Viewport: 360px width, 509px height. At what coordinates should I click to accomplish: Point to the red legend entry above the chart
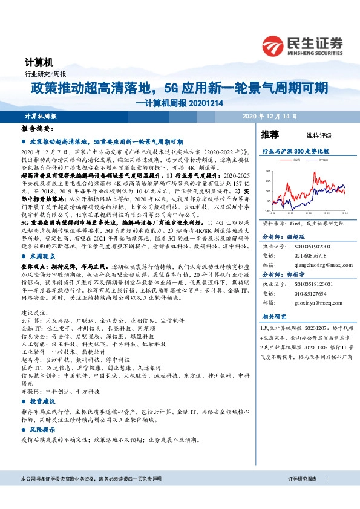pyautogui.click(x=297, y=160)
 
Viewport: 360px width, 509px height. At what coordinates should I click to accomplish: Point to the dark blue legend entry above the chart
pyautogui.click(x=320, y=160)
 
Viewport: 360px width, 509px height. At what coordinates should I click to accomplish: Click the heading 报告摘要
pyautogui.click(x=38, y=129)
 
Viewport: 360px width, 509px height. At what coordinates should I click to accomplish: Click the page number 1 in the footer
pyautogui.click(x=328, y=495)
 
